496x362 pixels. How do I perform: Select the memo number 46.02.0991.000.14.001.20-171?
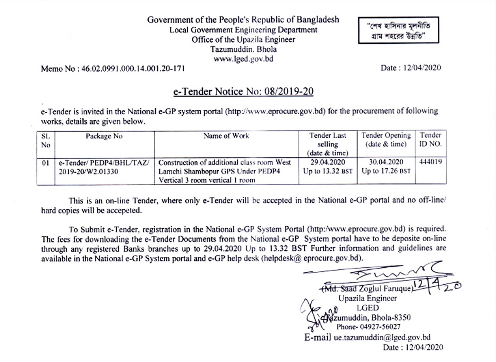coord(131,69)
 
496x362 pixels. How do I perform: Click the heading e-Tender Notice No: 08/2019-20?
coord(243,92)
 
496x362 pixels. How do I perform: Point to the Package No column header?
coord(104,136)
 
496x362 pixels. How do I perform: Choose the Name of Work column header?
coord(226,136)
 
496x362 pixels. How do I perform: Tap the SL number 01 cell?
coord(45,163)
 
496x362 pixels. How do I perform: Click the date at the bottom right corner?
coord(412,347)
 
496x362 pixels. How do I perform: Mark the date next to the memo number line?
coord(411,68)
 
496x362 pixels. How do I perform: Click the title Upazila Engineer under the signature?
coord(367,299)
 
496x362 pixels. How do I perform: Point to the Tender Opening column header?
coord(386,140)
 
